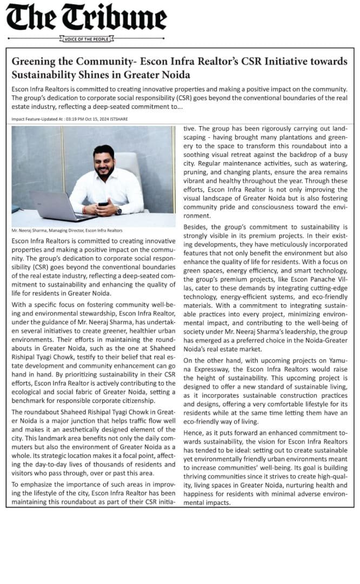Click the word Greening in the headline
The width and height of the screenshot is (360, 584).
(34, 62)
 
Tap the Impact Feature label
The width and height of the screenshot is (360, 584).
(25, 118)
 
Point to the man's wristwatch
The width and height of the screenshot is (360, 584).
(119, 210)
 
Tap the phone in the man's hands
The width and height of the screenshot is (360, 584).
(103, 205)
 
